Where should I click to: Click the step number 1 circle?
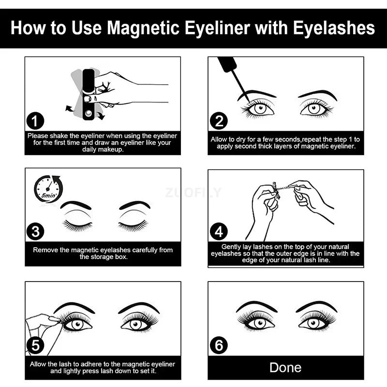click(35, 121)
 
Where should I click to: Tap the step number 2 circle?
click(219, 121)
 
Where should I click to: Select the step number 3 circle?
click(35, 232)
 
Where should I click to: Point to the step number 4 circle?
click(219, 232)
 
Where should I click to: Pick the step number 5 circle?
click(35, 345)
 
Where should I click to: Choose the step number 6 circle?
click(219, 345)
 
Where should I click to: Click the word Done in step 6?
click(285, 367)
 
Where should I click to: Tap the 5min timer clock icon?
click(48, 189)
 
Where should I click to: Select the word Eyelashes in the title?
click(333, 28)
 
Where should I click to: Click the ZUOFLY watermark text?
click(193, 193)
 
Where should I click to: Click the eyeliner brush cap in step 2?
click(226, 63)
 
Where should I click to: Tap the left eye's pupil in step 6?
click(256, 321)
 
